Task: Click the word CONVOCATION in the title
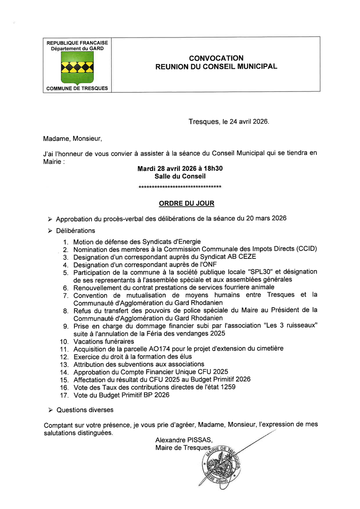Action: (x=216, y=58)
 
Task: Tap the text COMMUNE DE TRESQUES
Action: (x=77, y=88)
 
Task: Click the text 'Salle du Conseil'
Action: (x=180, y=176)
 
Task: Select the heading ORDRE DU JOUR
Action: (x=186, y=203)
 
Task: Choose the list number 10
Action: (x=64, y=341)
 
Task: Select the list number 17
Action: (x=64, y=395)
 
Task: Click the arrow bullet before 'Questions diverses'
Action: (x=50, y=410)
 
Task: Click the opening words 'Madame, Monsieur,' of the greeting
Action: (x=73, y=139)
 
